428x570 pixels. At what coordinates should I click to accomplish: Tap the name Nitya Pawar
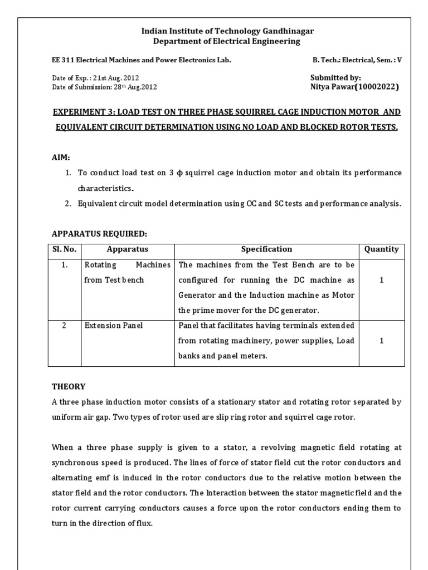click(x=333, y=87)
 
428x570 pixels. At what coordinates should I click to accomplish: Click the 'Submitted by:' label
click(x=335, y=78)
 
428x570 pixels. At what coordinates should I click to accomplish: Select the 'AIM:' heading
click(x=61, y=159)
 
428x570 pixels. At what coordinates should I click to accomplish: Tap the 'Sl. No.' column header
click(x=64, y=249)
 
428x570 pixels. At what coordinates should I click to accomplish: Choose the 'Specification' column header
click(x=266, y=249)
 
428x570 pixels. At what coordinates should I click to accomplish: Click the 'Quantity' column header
click(x=381, y=249)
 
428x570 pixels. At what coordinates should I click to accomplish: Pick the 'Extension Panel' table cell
click(x=113, y=325)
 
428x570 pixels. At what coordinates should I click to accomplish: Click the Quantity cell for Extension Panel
click(x=381, y=341)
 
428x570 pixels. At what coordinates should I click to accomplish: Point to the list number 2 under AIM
click(x=67, y=204)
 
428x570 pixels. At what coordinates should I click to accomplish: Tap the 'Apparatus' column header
click(x=128, y=249)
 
